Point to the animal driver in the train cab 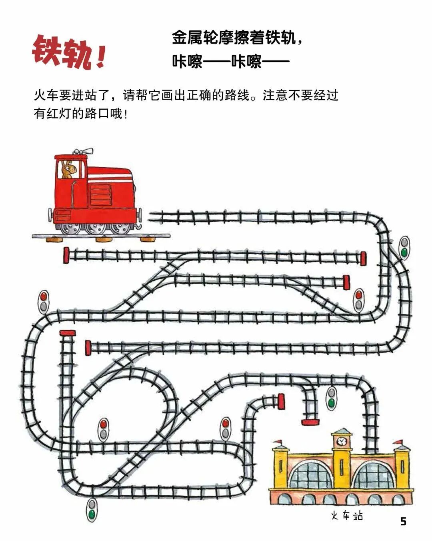click(x=68, y=169)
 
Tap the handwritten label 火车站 click(x=347, y=514)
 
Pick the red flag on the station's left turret click(x=278, y=442)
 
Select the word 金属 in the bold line click(x=187, y=38)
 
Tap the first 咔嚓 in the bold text click(x=187, y=61)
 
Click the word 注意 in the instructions click(x=275, y=95)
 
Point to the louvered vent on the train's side click(x=101, y=195)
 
